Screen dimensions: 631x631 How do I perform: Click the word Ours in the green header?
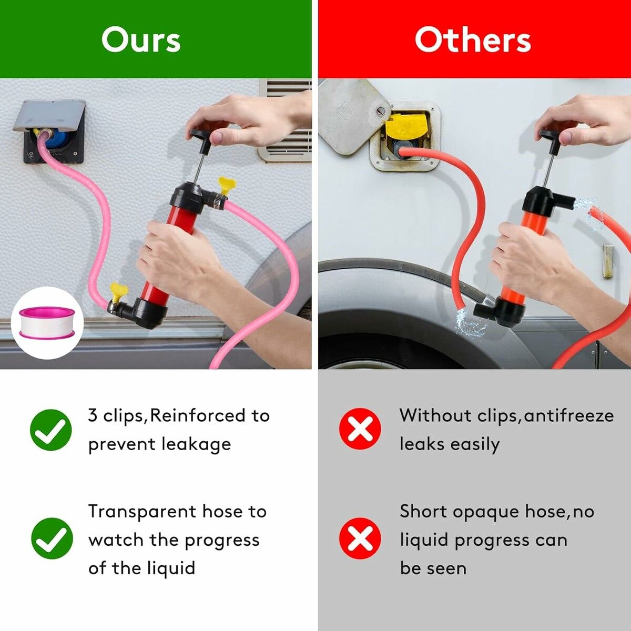click(141, 39)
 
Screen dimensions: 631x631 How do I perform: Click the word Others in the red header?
click(473, 39)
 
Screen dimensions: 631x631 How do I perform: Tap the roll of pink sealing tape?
click(47, 322)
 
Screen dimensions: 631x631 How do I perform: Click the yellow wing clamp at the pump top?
click(226, 185)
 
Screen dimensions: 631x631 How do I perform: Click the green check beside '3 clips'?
click(51, 430)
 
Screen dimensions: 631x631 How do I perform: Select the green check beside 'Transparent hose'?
click(52, 538)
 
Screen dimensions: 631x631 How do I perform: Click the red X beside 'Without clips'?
click(360, 429)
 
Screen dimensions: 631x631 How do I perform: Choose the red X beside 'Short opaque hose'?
click(360, 538)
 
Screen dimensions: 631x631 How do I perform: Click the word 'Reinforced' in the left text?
click(198, 415)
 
